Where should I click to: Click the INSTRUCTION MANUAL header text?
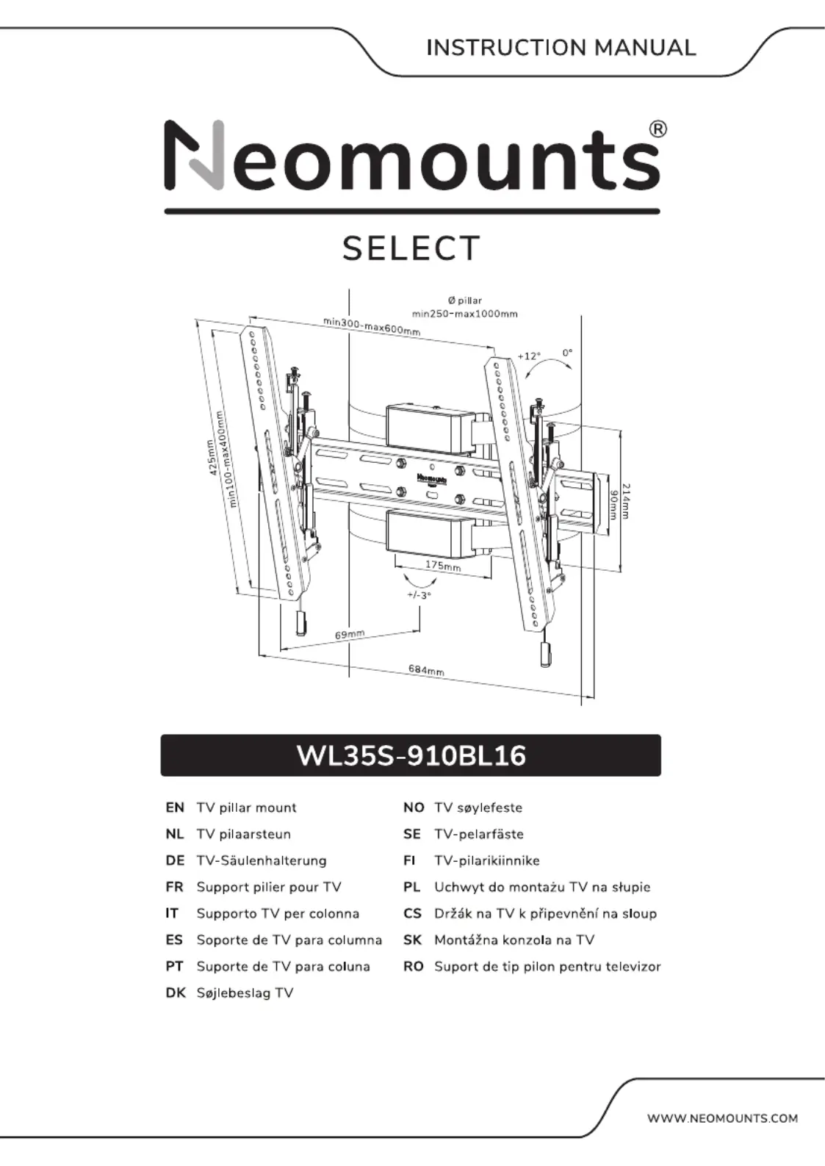point(561,48)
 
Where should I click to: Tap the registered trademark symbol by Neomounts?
point(658,129)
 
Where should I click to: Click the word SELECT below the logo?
point(411,248)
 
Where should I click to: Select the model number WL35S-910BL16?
point(411,755)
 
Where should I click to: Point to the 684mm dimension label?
point(426,671)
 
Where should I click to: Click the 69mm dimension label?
point(349,635)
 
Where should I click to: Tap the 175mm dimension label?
point(443,565)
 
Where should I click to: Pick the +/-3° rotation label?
point(419,595)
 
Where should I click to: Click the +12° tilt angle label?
point(529,356)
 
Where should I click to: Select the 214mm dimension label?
point(626,501)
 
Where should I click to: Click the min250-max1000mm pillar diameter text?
point(465,314)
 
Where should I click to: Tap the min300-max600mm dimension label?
point(372,326)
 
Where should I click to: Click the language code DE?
point(175,860)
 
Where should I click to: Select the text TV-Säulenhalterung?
point(262,860)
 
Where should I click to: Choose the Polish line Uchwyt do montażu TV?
point(542,887)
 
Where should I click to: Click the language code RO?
point(414,967)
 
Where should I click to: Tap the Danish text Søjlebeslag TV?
point(245,993)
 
